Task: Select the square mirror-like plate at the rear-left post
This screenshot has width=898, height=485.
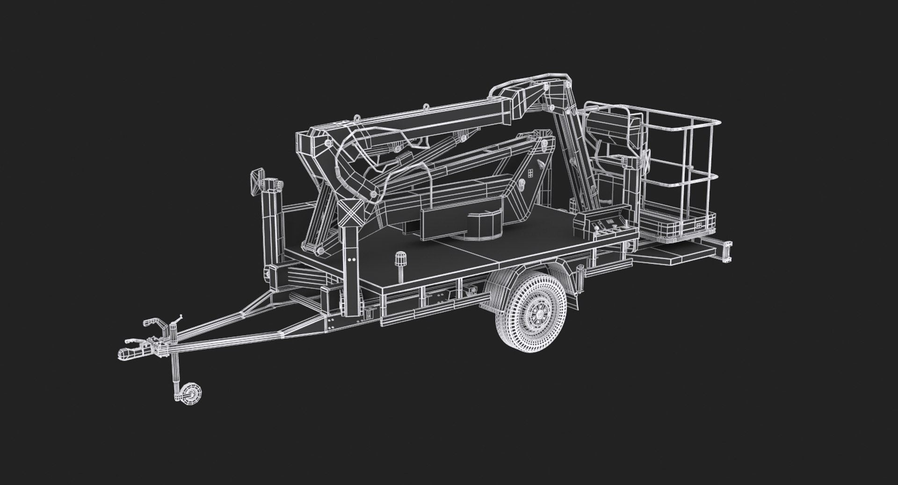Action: (x=256, y=183)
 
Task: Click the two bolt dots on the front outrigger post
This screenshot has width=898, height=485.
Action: (x=350, y=258)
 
